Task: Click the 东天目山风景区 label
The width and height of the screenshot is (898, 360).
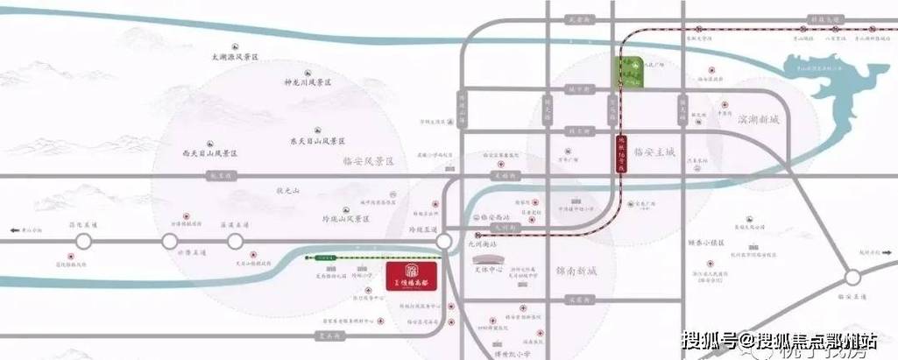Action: coord(319,140)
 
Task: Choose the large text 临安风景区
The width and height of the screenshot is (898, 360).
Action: coord(365,162)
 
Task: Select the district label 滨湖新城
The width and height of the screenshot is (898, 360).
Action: coord(758,118)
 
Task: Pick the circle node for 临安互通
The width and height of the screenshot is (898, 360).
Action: coord(852,278)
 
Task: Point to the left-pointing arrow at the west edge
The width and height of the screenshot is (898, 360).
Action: coord(6,230)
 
